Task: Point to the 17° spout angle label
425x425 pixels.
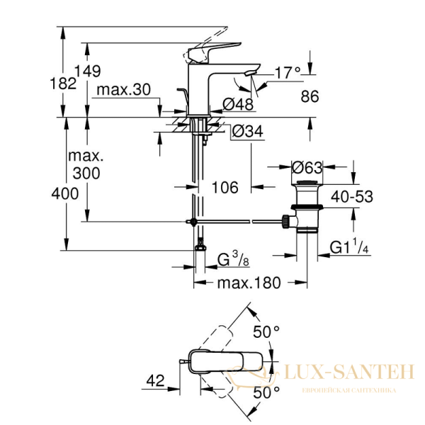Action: point(287,72)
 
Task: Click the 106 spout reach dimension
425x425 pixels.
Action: point(225,188)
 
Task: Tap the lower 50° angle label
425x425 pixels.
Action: point(267,391)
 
